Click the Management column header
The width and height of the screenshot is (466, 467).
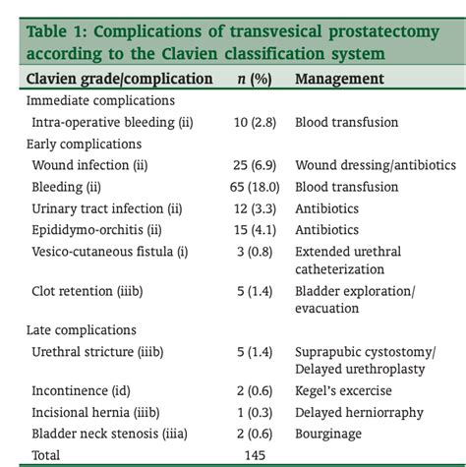coord(339,78)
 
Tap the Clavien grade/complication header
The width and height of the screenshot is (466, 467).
coord(119,78)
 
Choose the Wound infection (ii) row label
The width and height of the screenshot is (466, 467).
coord(99,165)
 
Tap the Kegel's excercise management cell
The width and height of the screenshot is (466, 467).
coord(349,389)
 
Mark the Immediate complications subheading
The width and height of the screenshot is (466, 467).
coord(100,100)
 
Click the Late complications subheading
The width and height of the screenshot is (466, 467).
coord(82,330)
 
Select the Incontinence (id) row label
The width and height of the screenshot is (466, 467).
coord(90,389)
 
